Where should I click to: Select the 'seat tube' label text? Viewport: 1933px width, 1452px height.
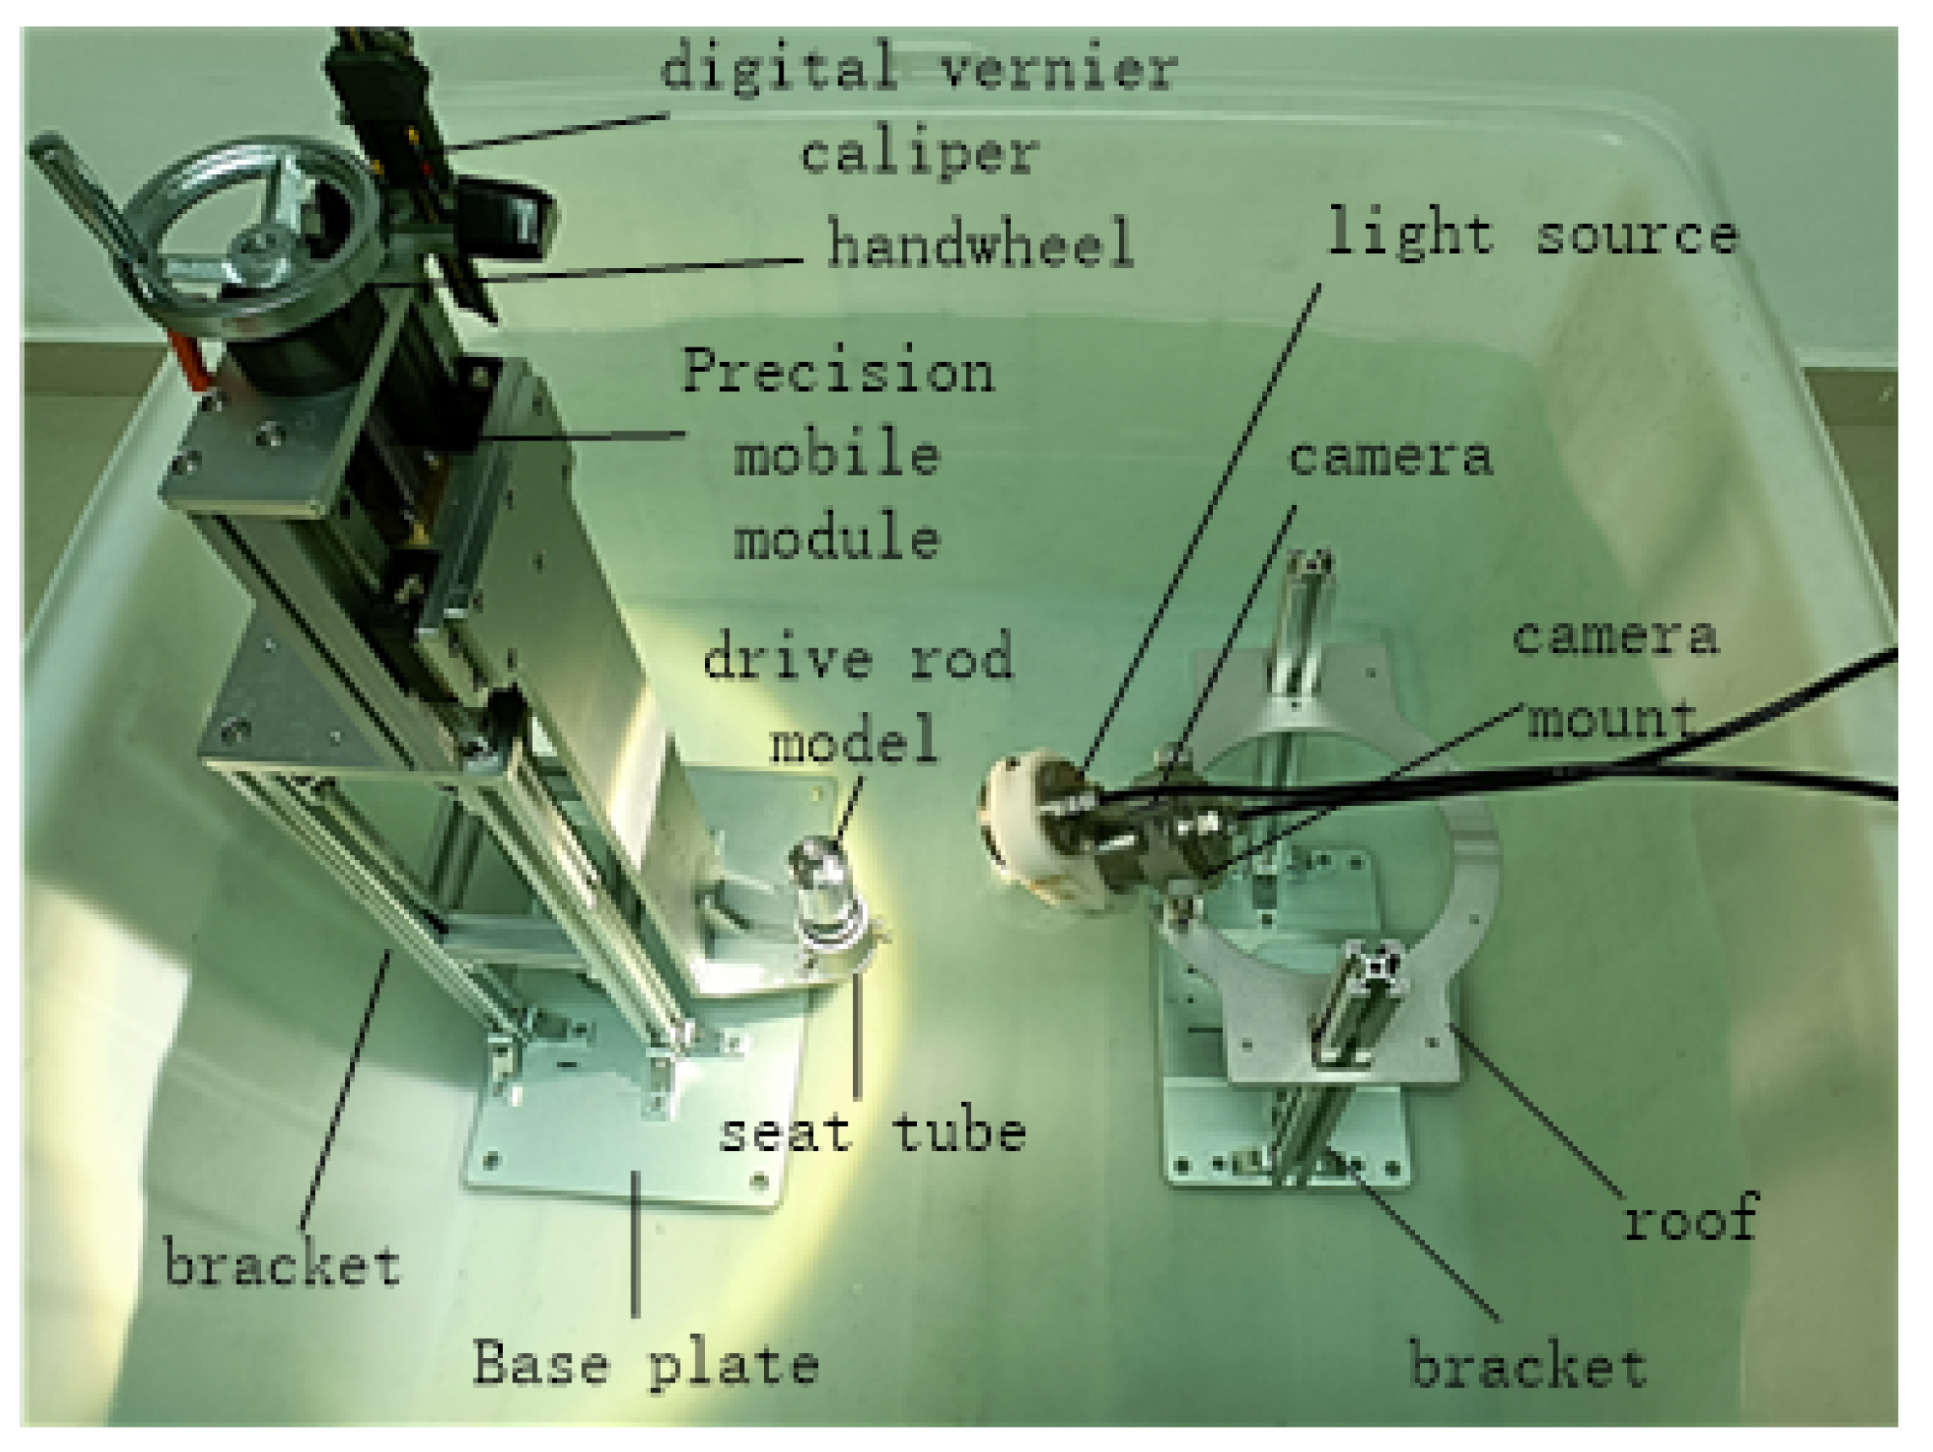871,1135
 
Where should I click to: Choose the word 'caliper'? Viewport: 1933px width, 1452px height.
920,154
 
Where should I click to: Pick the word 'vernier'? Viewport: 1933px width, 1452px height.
1058,68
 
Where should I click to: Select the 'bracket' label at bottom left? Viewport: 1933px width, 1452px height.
282,1265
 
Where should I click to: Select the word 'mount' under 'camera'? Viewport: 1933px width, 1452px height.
1610,720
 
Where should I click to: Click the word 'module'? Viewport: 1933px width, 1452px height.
836,538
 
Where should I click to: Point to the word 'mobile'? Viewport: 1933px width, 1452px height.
836,455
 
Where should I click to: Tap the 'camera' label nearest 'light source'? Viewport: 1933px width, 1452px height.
1390,458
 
